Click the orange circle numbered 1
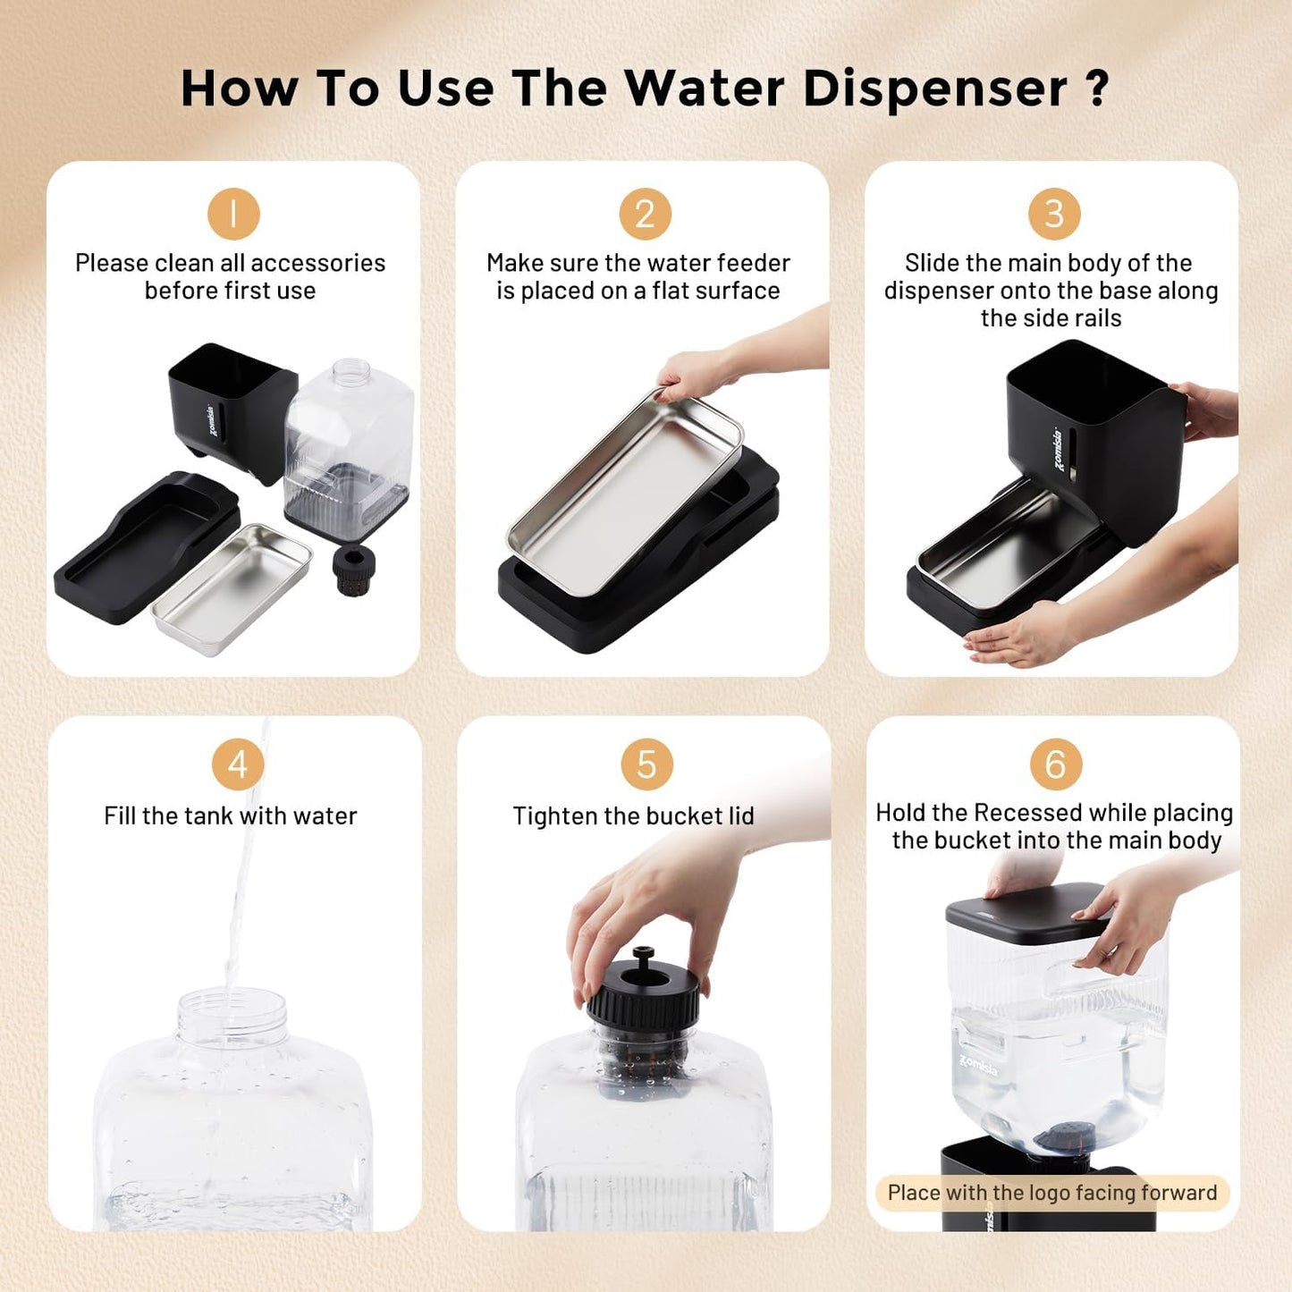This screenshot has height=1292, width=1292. point(233,215)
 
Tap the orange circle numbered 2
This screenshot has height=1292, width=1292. point(645,215)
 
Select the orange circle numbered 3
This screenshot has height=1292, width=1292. point(1054,215)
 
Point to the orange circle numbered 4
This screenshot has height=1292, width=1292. point(237,764)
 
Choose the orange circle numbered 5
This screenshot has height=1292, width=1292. point(646,764)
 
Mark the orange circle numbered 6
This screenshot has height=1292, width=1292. point(1056,764)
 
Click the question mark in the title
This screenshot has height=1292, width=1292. point(1097,89)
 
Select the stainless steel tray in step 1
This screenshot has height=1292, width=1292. point(232,588)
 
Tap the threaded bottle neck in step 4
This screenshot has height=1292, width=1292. point(232,1015)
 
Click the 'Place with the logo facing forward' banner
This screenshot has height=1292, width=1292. point(1052,1193)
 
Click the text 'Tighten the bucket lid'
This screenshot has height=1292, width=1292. point(633,815)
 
